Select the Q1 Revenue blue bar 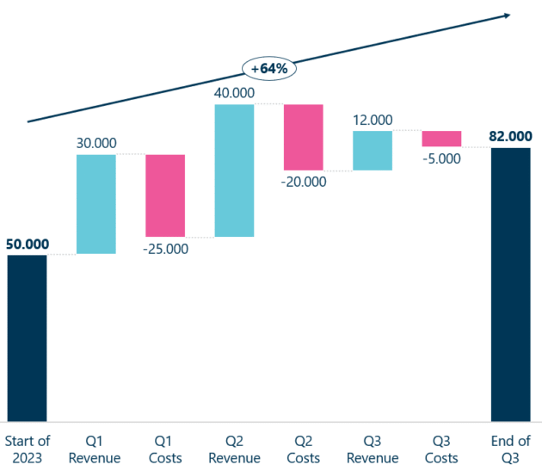point(96,204)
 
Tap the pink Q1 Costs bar point(165,195)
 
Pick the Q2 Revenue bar point(234,170)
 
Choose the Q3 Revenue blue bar point(373,151)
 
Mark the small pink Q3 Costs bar point(441,139)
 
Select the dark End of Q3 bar point(510,283)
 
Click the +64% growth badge point(269,68)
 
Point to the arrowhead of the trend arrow point(507,15)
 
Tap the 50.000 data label point(28,245)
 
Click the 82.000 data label point(510,136)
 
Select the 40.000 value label point(234,92)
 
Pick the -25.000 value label point(165,250)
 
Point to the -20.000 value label point(303,182)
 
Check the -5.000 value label point(441,158)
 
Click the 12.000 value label point(373,120)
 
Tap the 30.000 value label point(96,143)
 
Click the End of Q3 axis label point(510,449)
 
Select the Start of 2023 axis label point(28,449)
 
